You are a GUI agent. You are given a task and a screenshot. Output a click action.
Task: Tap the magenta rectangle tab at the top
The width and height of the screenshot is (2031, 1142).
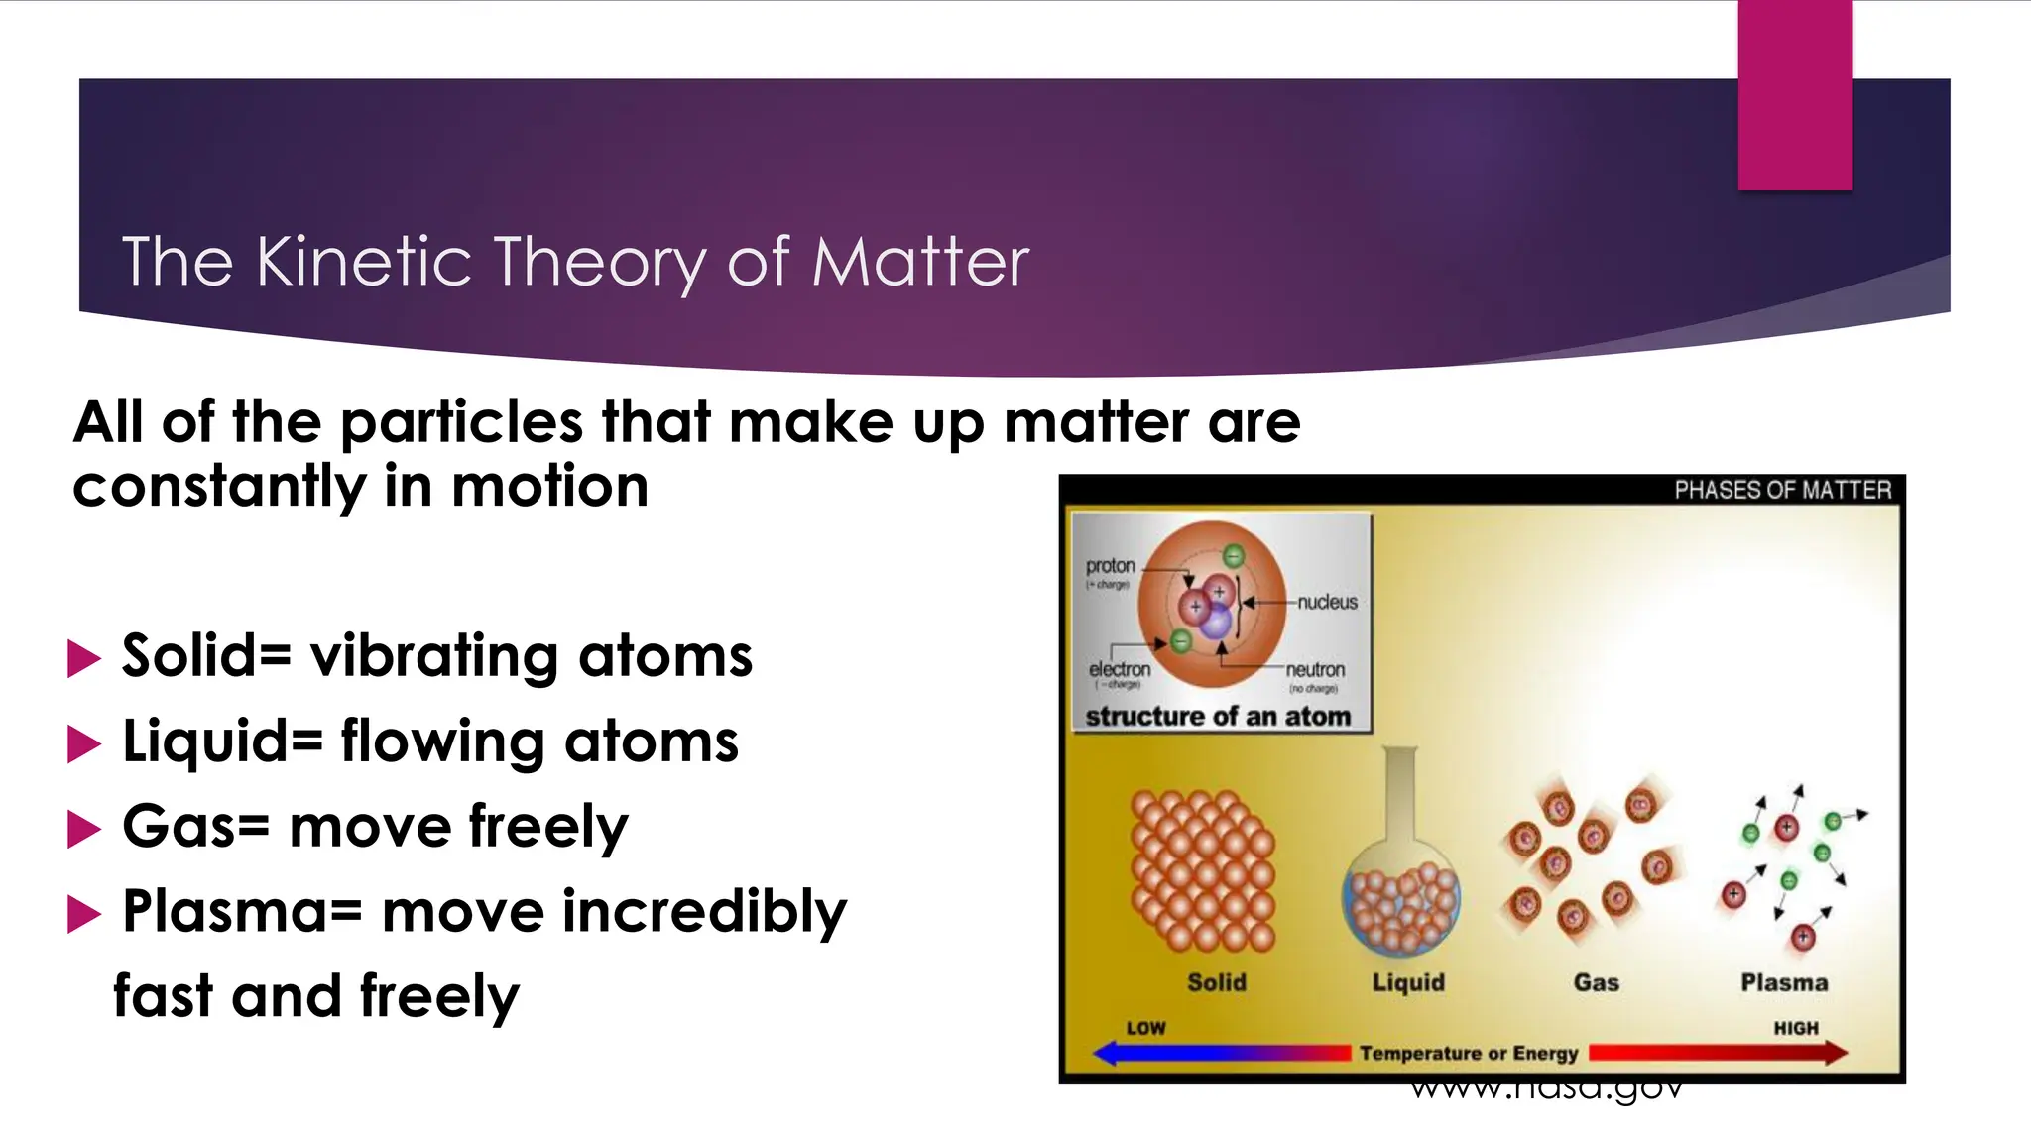tap(1794, 95)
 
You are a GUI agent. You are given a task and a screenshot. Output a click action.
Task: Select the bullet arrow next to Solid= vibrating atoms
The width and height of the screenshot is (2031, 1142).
tap(84, 658)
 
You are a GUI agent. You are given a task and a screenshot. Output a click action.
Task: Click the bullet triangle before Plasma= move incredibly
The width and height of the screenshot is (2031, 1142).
tap(84, 913)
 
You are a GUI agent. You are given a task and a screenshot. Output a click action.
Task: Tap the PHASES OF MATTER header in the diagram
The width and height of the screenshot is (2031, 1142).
tap(1782, 490)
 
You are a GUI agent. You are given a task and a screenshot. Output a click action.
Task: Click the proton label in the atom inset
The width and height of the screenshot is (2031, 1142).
tap(1110, 566)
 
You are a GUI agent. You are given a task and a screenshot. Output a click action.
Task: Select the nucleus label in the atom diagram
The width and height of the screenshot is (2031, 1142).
tap(1327, 602)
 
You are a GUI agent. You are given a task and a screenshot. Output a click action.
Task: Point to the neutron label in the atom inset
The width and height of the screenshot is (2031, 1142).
tap(1315, 670)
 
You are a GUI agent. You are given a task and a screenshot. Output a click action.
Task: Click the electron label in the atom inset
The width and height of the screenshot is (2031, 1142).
tap(1120, 670)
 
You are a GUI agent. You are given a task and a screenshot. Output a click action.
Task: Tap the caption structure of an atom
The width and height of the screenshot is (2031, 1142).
tap(1218, 716)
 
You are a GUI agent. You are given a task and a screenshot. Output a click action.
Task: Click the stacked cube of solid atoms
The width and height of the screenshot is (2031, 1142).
tap(1202, 869)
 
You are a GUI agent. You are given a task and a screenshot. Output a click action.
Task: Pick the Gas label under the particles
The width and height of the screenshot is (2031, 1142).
tap(1596, 982)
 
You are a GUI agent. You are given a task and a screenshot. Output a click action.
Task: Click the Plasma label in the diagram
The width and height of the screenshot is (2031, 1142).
tap(1784, 982)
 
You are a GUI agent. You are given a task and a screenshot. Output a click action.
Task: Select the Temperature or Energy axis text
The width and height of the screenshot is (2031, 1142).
tap(1468, 1053)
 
